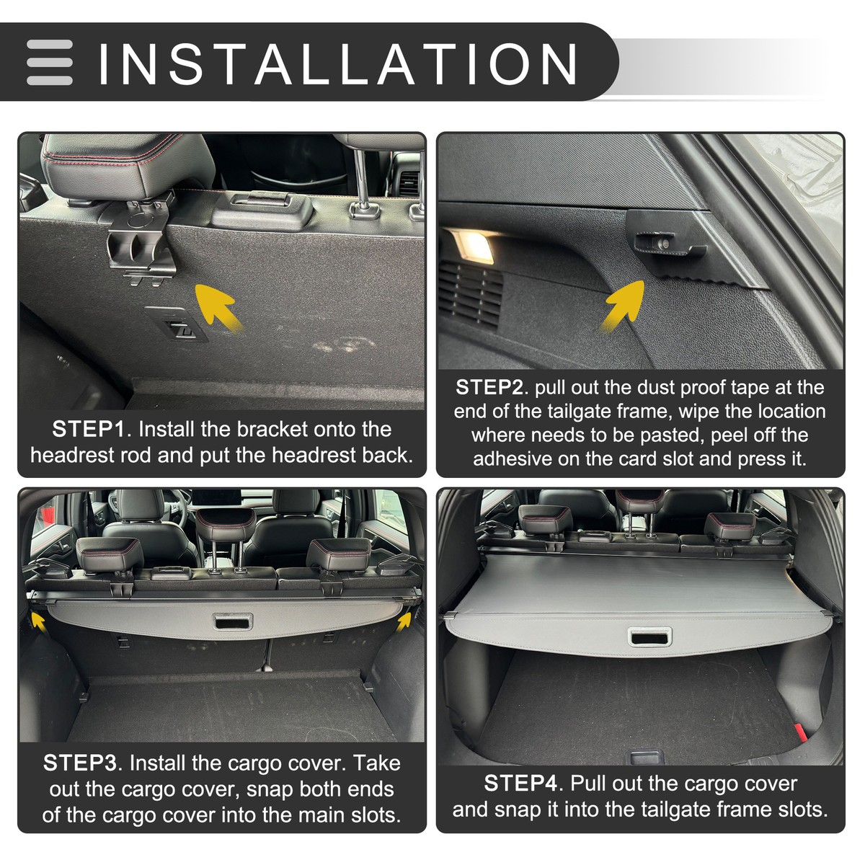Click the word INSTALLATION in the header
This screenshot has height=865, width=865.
pos(337,63)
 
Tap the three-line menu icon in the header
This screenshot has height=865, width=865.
pos(50,63)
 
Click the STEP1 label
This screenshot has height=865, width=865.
pos(89,430)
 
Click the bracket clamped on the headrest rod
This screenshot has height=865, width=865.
pos(141,241)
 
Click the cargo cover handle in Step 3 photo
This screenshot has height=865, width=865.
pos(232,621)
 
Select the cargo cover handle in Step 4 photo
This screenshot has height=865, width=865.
pos(649,636)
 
